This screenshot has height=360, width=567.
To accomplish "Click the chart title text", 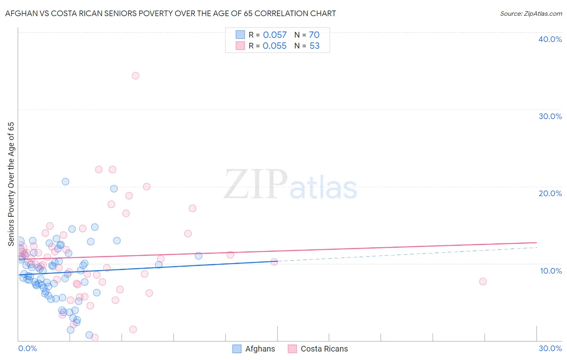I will pos(171,13).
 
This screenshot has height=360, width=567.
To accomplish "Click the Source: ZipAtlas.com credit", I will pos(531,13).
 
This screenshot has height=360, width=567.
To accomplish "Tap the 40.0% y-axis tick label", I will pos(550,39).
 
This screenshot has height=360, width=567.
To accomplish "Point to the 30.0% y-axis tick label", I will pos(550,116).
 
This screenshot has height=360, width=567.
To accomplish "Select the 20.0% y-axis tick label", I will pos(550,193).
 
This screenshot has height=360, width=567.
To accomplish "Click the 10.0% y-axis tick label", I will pos(550,271).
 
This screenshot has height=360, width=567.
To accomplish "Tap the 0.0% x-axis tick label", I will pos(27,348).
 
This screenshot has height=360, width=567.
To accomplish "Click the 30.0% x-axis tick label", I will pos(550,348).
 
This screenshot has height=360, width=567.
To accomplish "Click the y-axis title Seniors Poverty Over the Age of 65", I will pos(11,184).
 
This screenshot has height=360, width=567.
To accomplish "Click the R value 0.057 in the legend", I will pos(275,35).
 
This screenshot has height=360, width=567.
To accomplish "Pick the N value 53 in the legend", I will pos(315,46).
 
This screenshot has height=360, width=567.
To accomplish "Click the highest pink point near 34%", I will pos(135,75).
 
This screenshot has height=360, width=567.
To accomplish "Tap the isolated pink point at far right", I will pos(483,281).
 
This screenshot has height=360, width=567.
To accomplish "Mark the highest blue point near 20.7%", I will pos(65,182).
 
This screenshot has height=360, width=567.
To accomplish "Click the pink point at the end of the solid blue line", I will pos(274,262).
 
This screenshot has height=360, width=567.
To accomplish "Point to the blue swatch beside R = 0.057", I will pos(240,35).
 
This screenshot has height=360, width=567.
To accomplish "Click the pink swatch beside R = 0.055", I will pos(240,46).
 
